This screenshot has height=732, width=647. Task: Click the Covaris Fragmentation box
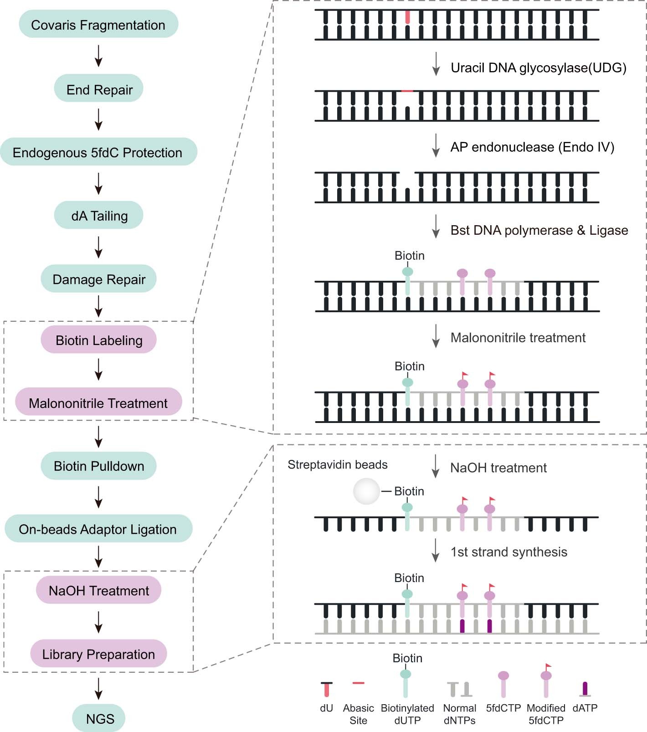coord(98,25)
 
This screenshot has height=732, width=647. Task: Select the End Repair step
coord(99,89)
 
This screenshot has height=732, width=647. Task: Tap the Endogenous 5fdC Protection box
coord(98,152)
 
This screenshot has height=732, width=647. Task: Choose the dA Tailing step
coord(99,216)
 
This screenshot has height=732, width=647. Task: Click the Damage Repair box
coord(99,279)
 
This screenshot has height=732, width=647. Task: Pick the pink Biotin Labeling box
coord(99,340)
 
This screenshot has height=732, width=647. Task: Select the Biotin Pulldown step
coord(99,466)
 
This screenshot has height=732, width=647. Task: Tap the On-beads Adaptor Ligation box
coord(98,529)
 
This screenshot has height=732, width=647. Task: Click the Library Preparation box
coord(99,654)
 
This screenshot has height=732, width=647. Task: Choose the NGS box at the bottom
coord(99,719)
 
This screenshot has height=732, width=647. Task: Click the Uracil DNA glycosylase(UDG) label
coord(538,68)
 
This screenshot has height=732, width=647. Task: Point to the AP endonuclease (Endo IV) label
coord(532,147)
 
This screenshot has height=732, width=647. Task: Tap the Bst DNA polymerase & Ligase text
coord(539,230)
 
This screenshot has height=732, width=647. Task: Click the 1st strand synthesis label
coord(508,552)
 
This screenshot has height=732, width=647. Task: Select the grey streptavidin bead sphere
coord(366,491)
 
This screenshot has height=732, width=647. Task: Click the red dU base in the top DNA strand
coord(407,17)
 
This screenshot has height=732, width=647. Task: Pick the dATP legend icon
coord(585,689)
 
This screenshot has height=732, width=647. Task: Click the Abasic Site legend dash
coord(359,683)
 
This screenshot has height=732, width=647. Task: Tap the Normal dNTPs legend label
coord(459,714)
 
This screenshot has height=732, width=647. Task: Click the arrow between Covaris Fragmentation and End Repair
coord(98,56)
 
